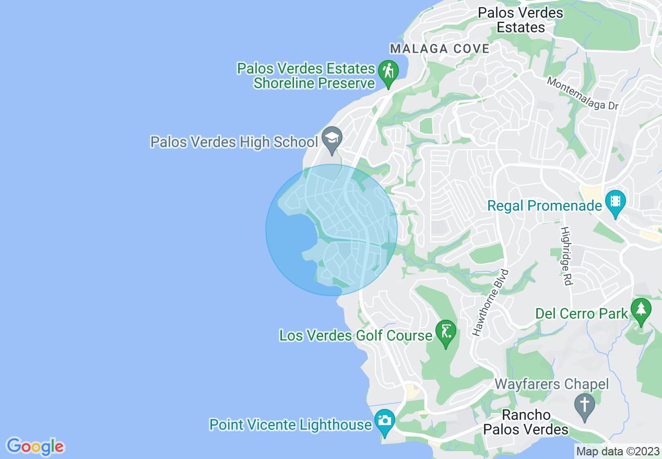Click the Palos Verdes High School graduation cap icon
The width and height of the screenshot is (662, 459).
[x=331, y=139]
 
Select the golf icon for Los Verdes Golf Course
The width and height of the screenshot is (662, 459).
[x=446, y=333]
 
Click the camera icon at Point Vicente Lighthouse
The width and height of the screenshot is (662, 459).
[x=385, y=421]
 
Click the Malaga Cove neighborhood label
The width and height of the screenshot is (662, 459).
[x=440, y=49]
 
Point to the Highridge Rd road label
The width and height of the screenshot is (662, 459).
[x=565, y=256]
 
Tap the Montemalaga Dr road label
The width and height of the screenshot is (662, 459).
[x=582, y=94]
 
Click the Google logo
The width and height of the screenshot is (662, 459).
[x=35, y=447]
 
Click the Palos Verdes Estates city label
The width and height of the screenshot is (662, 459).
[x=521, y=20]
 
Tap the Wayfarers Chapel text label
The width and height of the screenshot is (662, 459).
[x=551, y=384]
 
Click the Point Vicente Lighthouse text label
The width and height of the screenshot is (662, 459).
[x=290, y=425]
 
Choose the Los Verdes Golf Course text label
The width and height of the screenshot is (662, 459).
[x=356, y=335]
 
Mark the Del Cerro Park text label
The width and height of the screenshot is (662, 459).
[x=581, y=313]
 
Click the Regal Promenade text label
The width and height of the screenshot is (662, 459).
[x=545, y=206]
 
